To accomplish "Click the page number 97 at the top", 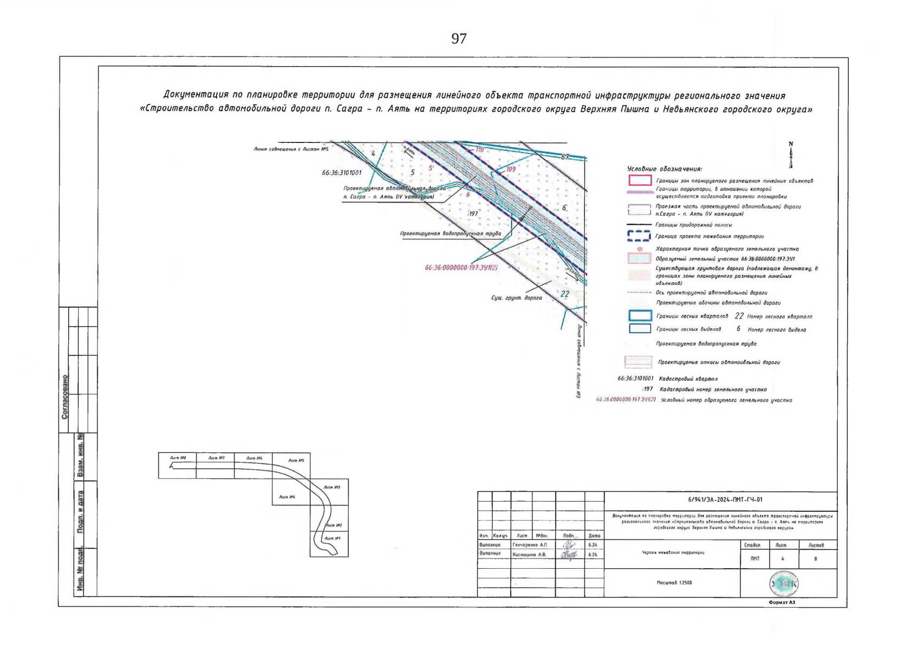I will [x=459, y=38].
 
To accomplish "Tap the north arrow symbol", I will [x=791, y=156].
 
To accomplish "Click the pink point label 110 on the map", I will [x=479, y=149].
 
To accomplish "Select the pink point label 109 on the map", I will [x=510, y=170].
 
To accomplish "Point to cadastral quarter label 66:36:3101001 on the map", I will [x=341, y=173].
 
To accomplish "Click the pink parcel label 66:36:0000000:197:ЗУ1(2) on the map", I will [x=461, y=268].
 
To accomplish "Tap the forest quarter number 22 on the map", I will [x=565, y=294].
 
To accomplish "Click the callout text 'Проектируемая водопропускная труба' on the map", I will [x=450, y=233].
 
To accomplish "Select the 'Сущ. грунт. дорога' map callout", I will [x=516, y=297].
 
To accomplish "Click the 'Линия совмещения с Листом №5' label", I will [x=291, y=148].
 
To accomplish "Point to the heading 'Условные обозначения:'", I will [x=665, y=169].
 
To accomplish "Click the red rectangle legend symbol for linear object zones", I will [x=640, y=180].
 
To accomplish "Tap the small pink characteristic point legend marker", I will [x=640, y=249].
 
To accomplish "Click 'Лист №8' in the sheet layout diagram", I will [x=178, y=458].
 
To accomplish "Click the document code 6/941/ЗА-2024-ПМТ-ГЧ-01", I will [x=721, y=499].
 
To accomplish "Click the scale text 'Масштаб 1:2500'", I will [x=674, y=583].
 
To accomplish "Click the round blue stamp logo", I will [x=783, y=583].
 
